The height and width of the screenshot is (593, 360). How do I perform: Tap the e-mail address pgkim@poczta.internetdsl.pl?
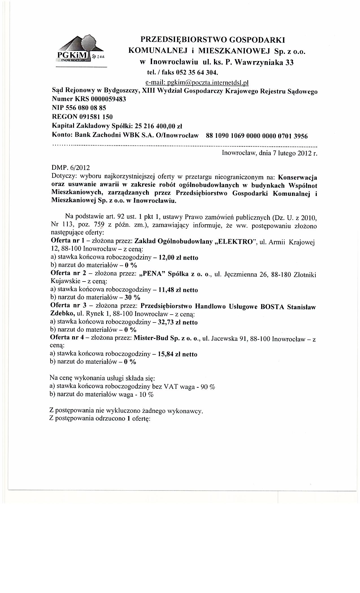pos(197,82)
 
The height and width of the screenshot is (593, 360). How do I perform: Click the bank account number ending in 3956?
pos(257,136)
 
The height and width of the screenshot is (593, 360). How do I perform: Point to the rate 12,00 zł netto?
pos(179,258)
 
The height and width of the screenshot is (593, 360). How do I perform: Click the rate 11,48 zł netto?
pos(178,290)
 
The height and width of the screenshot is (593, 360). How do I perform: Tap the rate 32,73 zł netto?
pos(178,322)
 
